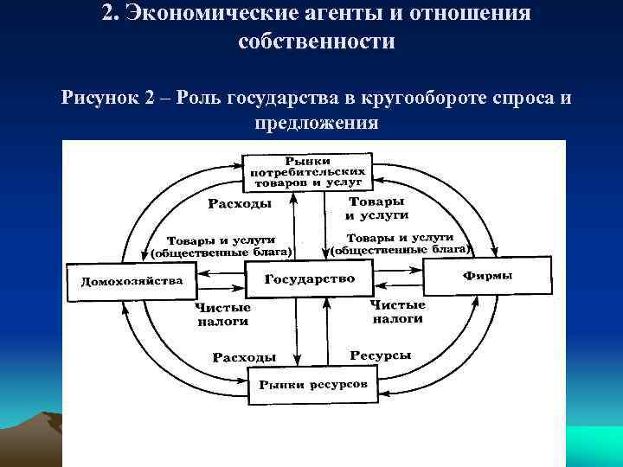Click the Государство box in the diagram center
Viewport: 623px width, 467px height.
(309, 278)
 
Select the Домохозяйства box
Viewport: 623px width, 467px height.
(132, 280)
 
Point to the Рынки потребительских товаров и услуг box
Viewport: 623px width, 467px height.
(308, 172)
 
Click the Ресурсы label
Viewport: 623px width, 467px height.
(380, 355)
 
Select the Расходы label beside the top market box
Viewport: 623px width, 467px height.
(240, 204)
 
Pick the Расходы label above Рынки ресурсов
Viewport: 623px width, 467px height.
(245, 356)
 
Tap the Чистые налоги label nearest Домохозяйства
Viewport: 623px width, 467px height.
(222, 313)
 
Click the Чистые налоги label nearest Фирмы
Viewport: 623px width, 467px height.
(398, 311)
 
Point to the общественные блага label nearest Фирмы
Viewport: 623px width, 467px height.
(401, 250)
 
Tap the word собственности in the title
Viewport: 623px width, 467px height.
(315, 42)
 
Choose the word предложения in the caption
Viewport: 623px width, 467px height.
(316, 122)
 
